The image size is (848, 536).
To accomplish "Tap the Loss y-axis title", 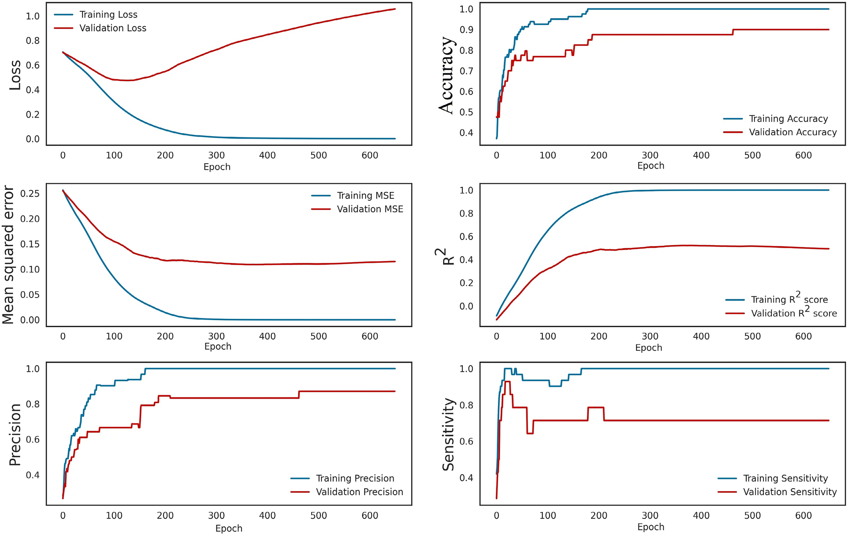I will (15, 75).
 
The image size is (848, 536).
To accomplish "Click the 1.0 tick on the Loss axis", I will (33, 16).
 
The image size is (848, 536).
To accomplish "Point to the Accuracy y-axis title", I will (446, 75).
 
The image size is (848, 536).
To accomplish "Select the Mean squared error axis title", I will (8, 255).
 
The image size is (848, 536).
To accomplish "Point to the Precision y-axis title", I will (15, 435).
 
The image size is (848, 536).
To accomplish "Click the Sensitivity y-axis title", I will (448, 435).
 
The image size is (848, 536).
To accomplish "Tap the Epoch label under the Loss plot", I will (217, 167).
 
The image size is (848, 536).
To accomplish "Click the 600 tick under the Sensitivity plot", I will (803, 516).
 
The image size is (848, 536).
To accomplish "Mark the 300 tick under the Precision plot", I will (216, 516).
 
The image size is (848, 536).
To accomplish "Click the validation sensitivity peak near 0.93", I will (507, 382).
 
